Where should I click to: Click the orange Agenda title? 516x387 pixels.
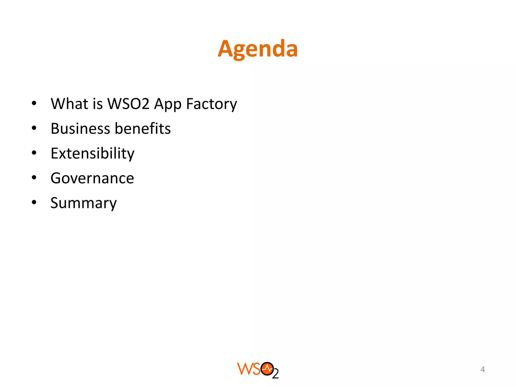coord(257,49)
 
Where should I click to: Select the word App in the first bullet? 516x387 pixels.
coord(168,104)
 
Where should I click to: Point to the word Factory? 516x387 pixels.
coord(211,104)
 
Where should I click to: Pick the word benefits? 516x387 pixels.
coord(143,128)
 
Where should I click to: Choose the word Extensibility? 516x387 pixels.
coord(92,153)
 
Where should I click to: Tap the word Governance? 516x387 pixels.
coord(92,178)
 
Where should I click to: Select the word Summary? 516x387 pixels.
coord(83,203)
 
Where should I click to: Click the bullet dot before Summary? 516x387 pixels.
coord(34,202)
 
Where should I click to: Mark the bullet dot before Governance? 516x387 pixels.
coord(34,178)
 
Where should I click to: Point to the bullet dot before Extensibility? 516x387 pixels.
coord(34,153)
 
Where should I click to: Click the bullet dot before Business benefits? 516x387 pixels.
coord(34,128)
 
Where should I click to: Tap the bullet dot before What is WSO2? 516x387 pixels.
coord(34,103)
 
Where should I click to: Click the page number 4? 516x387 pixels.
coord(482,369)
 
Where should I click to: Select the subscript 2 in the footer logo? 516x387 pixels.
coord(275,374)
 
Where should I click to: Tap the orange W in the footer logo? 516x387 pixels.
coord(244,369)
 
